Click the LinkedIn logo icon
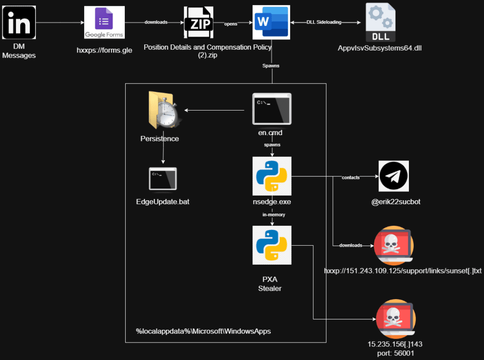click(19, 22)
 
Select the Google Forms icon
click(104, 22)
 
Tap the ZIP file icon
click(199, 22)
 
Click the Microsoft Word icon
click(271, 23)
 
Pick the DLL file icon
click(380, 22)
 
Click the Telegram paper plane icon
click(394, 176)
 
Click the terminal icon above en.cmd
click(271, 109)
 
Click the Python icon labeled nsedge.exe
click(271, 176)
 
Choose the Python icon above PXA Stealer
click(271, 245)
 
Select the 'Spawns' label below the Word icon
click(271, 66)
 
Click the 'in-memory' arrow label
click(274, 214)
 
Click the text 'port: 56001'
click(395, 352)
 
